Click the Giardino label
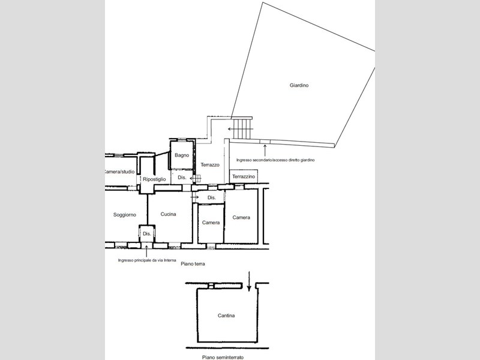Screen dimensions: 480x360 pyautogui.click(x=299, y=85)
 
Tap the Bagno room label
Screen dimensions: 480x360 pyautogui.click(x=182, y=155)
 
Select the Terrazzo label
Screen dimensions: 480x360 pyautogui.click(x=210, y=164)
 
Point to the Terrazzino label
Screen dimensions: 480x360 pyautogui.click(x=244, y=176)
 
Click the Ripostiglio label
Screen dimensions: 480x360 pyautogui.click(x=154, y=179)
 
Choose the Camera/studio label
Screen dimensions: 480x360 pyautogui.click(x=119, y=172)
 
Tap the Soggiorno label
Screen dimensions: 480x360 pyautogui.click(x=125, y=215)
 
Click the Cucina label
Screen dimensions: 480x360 pyautogui.click(x=169, y=214)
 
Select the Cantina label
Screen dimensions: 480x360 pyautogui.click(x=226, y=316)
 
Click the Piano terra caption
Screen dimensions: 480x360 pyautogui.click(x=193, y=263)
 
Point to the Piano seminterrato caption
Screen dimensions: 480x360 pyautogui.click(x=223, y=357)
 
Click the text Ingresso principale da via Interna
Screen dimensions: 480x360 pyautogui.click(x=147, y=260)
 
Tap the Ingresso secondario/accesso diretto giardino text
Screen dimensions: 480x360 pyautogui.click(x=275, y=160)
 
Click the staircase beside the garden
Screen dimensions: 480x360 pyautogui.click(x=242, y=128)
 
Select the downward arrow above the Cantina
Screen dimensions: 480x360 pyautogui.click(x=249, y=281)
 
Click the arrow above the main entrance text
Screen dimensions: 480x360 pyautogui.click(x=146, y=251)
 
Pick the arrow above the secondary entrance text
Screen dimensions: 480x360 pyautogui.click(x=265, y=151)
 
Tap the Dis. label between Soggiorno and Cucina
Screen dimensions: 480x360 pyautogui.click(x=147, y=233)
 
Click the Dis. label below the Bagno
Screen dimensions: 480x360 pyautogui.click(x=182, y=178)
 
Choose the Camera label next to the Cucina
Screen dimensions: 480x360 pyautogui.click(x=211, y=223)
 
